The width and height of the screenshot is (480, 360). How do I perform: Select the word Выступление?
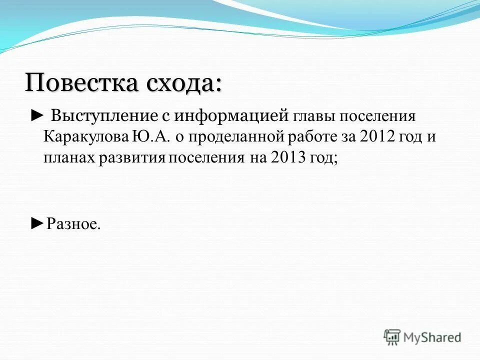(x=103, y=116)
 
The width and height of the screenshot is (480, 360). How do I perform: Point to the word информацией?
(x=231, y=116)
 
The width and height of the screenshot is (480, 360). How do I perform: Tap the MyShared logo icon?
(x=392, y=337)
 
